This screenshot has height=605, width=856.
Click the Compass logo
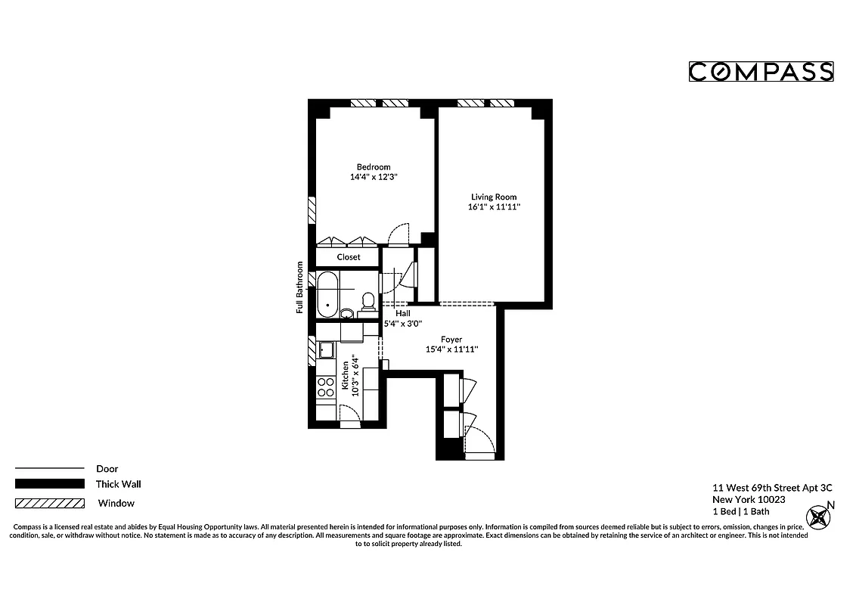(x=761, y=72)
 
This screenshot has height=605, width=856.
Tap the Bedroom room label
(x=374, y=167)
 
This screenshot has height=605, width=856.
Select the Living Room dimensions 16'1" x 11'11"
(x=494, y=206)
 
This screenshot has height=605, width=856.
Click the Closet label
(x=349, y=257)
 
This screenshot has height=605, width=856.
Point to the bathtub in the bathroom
(x=327, y=295)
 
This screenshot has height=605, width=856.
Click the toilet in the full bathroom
(x=368, y=301)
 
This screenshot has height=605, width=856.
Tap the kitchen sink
(x=327, y=349)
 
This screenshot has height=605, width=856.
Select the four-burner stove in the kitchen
(x=326, y=387)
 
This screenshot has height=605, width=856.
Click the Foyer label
(x=451, y=340)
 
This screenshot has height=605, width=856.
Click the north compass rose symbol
(x=819, y=518)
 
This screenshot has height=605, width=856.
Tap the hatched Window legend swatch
(x=49, y=503)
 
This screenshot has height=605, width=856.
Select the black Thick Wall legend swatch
(x=49, y=484)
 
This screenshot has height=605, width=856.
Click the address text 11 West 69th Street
(x=761, y=488)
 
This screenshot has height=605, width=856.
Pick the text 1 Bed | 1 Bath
(x=741, y=511)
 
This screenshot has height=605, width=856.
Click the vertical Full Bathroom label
(x=300, y=287)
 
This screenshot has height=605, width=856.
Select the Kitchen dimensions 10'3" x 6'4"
(x=349, y=375)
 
